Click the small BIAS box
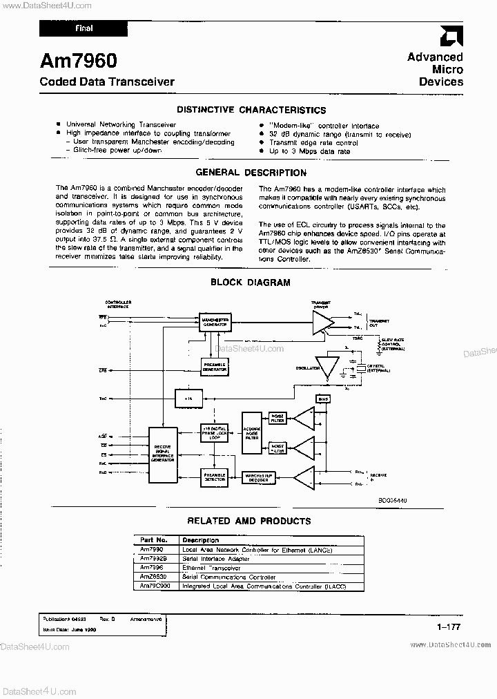point(322,400)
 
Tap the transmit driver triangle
point(321,322)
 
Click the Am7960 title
point(78,62)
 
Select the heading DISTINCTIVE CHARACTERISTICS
point(251,110)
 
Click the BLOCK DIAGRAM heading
point(250,282)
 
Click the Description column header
point(200,540)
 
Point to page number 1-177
point(448,627)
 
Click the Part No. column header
point(154,540)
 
